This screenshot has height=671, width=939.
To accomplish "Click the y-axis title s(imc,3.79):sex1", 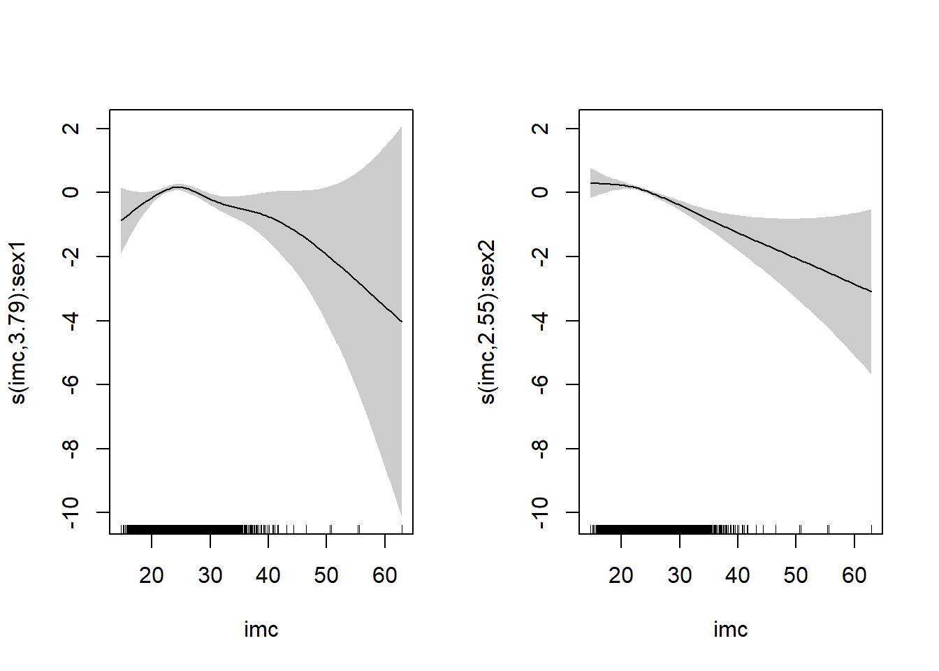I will click(x=18, y=322).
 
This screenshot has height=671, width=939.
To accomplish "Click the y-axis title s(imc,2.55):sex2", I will click(x=488, y=322).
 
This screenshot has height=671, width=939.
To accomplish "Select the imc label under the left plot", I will click(x=261, y=630).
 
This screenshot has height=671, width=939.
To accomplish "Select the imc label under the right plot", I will click(x=731, y=630).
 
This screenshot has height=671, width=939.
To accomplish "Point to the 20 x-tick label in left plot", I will click(x=152, y=575).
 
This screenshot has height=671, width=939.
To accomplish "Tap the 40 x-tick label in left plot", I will click(x=268, y=575).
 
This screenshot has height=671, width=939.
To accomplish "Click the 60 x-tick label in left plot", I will click(x=385, y=575).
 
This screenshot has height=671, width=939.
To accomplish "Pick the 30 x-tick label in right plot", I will click(x=679, y=575).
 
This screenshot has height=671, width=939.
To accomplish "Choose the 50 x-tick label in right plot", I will click(x=796, y=575).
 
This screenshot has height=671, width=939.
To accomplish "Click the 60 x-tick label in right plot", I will click(x=854, y=575).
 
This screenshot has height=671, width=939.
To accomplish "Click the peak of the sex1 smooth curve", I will click(x=177, y=187).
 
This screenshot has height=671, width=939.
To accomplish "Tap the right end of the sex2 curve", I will click(x=871, y=291).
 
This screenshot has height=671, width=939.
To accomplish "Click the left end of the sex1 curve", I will click(x=122, y=220).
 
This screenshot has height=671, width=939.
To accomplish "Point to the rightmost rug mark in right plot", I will click(x=871, y=529).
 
